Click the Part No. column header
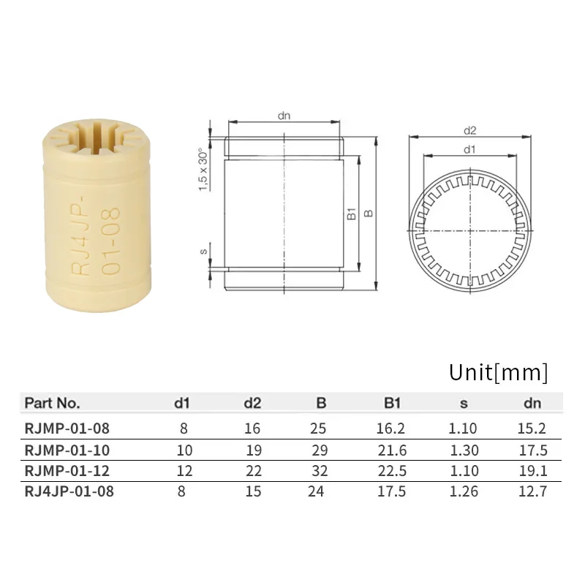point(52,402)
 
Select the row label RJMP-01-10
point(67,450)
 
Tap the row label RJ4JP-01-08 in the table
point(69,491)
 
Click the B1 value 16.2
point(392,429)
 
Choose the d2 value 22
point(252,471)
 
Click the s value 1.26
point(463,491)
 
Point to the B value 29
point(317,450)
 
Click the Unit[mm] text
point(497,372)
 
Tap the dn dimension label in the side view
point(285,115)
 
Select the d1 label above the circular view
point(469,149)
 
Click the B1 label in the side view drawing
point(351,214)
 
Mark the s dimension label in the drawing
point(204,252)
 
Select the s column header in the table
point(463,402)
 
